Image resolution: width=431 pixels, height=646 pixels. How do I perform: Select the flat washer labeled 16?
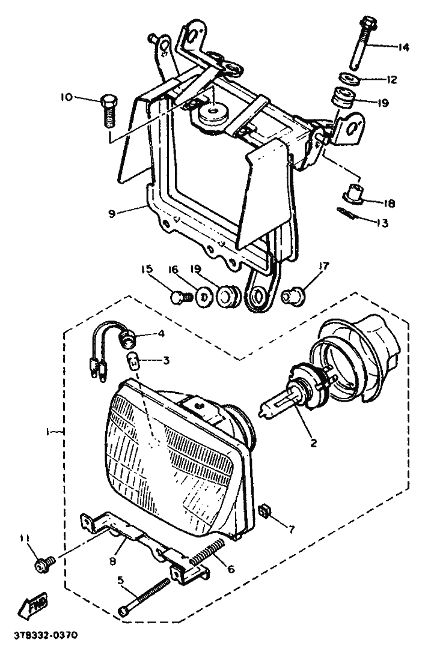[x=204, y=296]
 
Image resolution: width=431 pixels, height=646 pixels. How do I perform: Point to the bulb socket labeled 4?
[x=127, y=340]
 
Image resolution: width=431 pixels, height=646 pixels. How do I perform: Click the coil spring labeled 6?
[x=208, y=552]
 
